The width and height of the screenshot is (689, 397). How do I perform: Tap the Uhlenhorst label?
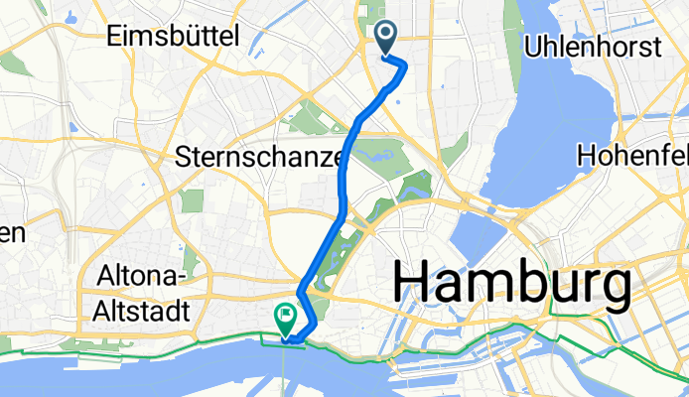(584, 46)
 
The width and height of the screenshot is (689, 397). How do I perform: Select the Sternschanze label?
(260, 156)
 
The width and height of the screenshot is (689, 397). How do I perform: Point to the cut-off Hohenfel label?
(632, 156)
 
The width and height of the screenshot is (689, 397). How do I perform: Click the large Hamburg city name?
(512, 285)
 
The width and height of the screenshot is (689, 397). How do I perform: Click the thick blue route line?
(344, 179)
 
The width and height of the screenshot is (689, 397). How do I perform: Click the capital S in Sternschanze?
(184, 156)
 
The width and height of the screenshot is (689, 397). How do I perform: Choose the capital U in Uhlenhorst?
(532, 46)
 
